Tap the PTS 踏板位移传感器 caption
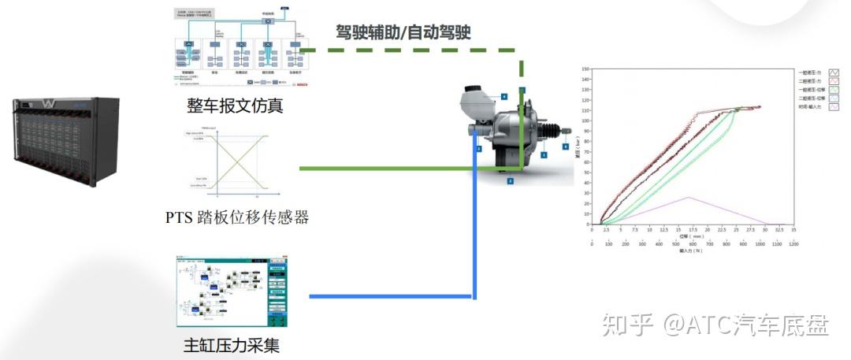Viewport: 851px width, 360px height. pos(236,216)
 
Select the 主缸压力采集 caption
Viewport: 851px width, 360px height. pos(231,344)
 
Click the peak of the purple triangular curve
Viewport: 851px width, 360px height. pos(688,197)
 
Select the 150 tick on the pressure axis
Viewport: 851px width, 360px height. pos(585,69)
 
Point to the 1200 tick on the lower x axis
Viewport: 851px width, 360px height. pos(793,244)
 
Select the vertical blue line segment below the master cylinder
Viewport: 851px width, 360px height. pos(475,228)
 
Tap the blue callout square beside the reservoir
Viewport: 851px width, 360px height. pos(504,96)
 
